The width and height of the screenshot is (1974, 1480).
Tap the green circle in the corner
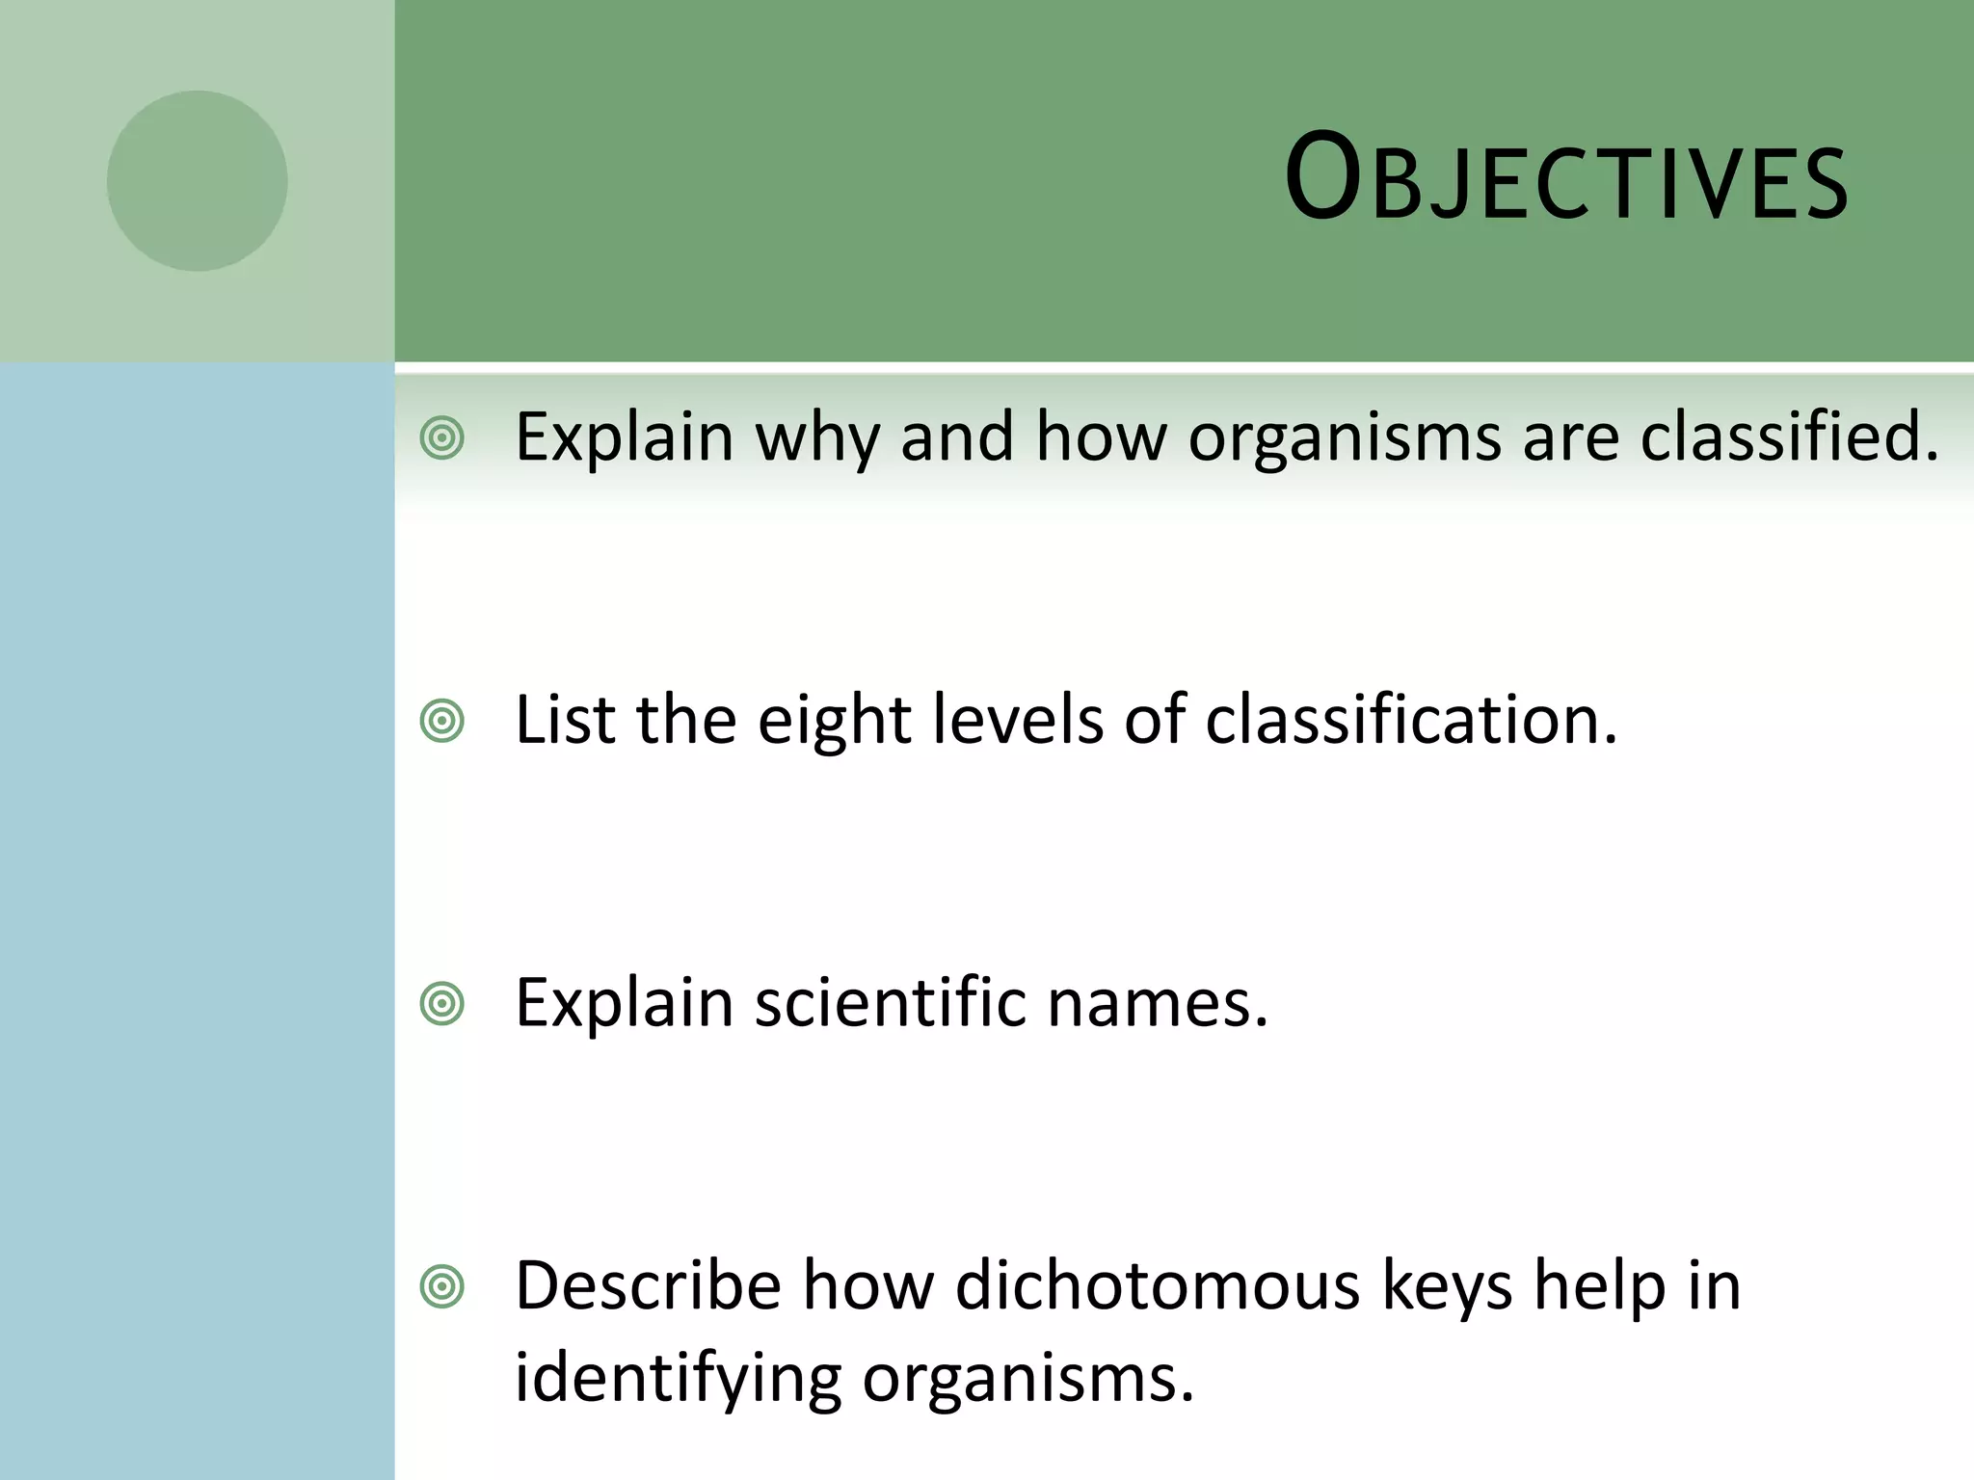(197, 181)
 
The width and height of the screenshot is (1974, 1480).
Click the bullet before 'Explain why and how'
(442, 439)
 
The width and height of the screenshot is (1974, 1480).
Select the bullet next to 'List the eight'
(442, 722)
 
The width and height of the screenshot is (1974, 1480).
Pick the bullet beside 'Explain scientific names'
(442, 1005)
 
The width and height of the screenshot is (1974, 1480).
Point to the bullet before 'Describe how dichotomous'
(442, 1287)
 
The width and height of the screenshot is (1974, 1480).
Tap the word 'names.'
(1158, 1004)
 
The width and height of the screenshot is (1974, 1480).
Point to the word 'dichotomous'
(1158, 1285)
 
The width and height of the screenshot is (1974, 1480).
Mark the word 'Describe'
(648, 1285)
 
